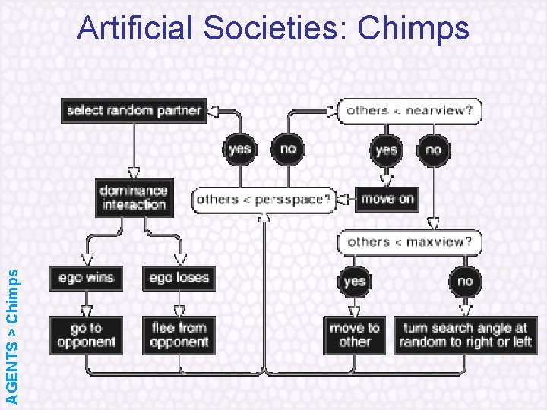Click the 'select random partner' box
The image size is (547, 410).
pyautogui.click(x=133, y=111)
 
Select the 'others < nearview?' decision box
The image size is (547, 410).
pyautogui.click(x=409, y=111)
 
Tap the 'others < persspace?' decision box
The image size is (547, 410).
pyautogui.click(x=264, y=200)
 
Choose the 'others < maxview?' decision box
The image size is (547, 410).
pyautogui.click(x=409, y=243)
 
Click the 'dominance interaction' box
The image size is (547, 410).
pyautogui.click(x=133, y=197)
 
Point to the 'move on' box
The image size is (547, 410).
pyautogui.click(x=387, y=200)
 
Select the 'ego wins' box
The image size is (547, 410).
pyautogui.click(x=86, y=278)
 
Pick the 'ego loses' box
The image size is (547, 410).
pyautogui.click(x=178, y=278)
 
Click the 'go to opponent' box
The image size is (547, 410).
pyautogui.click(x=86, y=335)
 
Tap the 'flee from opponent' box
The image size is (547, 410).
pyautogui.click(x=178, y=335)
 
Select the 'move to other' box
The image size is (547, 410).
pyautogui.click(x=354, y=335)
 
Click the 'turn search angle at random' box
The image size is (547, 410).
pyautogui.click(x=465, y=335)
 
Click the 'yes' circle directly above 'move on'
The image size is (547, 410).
pyautogui.click(x=386, y=150)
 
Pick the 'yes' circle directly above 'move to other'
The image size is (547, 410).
pyautogui.click(x=354, y=282)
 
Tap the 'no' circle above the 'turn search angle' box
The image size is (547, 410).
pyautogui.click(x=465, y=282)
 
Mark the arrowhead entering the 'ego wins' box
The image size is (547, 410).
pyautogui.click(x=86, y=260)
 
